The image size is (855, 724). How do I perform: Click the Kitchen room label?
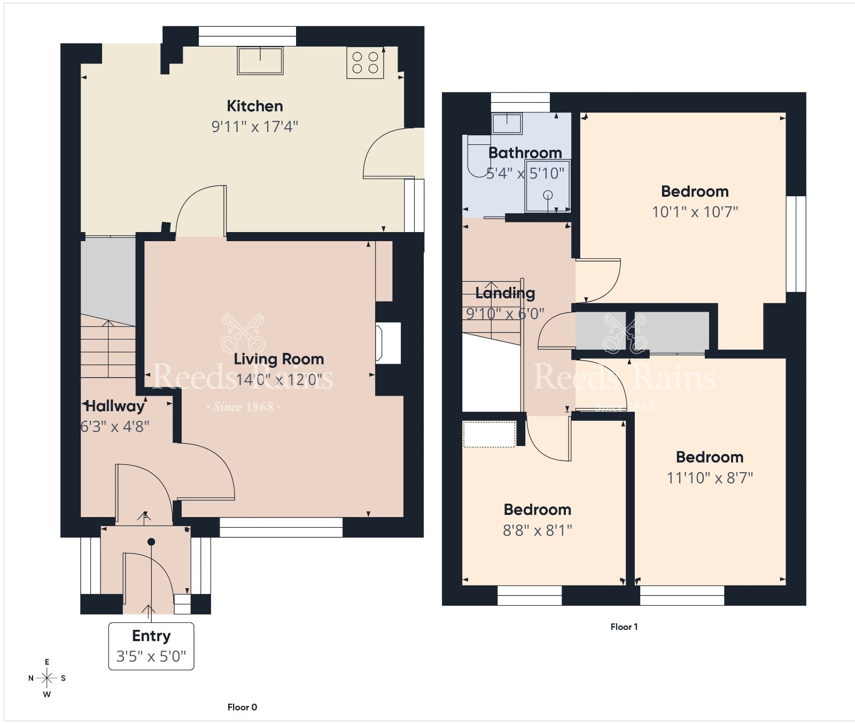(255, 106)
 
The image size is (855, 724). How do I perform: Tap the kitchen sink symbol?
(260, 60)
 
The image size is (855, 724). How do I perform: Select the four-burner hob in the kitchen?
(366, 63)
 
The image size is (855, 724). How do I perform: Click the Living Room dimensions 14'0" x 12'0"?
(279, 380)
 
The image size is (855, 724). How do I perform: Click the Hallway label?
(115, 406)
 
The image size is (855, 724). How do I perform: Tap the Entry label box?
(151, 646)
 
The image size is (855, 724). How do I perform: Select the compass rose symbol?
(47, 678)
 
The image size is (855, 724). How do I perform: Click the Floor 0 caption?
(242, 707)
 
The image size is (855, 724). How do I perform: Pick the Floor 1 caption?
(624, 627)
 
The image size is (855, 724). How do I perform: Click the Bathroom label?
(525, 153)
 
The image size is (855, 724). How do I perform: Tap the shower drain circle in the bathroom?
(548, 195)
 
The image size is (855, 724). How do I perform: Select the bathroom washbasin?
(507, 123)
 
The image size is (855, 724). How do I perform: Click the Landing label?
(505, 293)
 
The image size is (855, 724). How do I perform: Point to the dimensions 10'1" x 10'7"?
(695, 212)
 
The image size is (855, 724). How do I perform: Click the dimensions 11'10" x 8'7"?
(710, 477)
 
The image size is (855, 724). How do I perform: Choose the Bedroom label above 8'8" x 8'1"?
(538, 510)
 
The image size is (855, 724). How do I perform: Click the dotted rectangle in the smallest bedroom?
(489, 434)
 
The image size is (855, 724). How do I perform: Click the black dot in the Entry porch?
(151, 542)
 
